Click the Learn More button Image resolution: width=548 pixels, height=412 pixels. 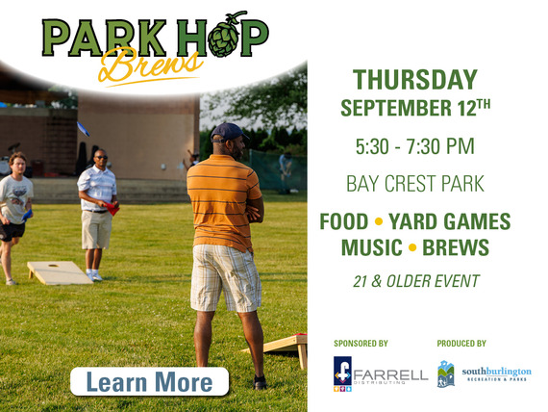pyautogui.click(x=149, y=382)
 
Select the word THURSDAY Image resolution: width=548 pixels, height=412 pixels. pyautogui.click(x=414, y=80)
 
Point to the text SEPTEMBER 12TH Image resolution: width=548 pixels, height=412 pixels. pyautogui.click(x=414, y=108)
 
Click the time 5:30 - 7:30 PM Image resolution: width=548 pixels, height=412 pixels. pyautogui.click(x=414, y=147)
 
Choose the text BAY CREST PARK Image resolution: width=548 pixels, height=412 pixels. pyautogui.click(x=414, y=183)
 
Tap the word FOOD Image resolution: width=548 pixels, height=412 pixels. pyautogui.click(x=344, y=221)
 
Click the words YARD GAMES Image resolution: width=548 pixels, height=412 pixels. pyautogui.click(x=455, y=221)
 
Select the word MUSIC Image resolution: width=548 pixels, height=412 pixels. pyautogui.click(x=371, y=248)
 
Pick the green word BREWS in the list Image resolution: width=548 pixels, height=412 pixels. pyautogui.click(x=456, y=248)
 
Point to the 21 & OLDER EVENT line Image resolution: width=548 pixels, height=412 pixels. pyautogui.click(x=414, y=282)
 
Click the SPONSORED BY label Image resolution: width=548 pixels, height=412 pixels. pyautogui.click(x=361, y=344)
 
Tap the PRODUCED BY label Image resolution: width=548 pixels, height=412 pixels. pyautogui.click(x=461, y=344)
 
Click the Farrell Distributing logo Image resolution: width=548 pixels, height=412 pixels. pyautogui.click(x=380, y=373)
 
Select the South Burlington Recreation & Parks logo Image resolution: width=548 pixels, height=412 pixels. pyautogui.click(x=484, y=373)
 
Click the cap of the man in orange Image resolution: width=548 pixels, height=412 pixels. pyautogui.click(x=229, y=132)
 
